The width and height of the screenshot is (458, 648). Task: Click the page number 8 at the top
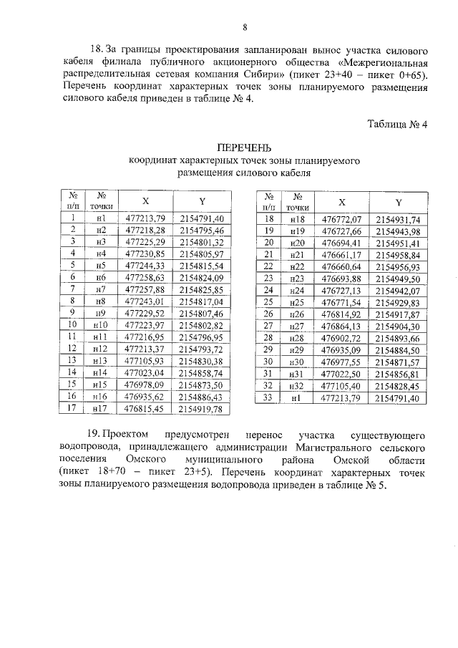[245, 28]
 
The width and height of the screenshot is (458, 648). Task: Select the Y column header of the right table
[399, 202]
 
